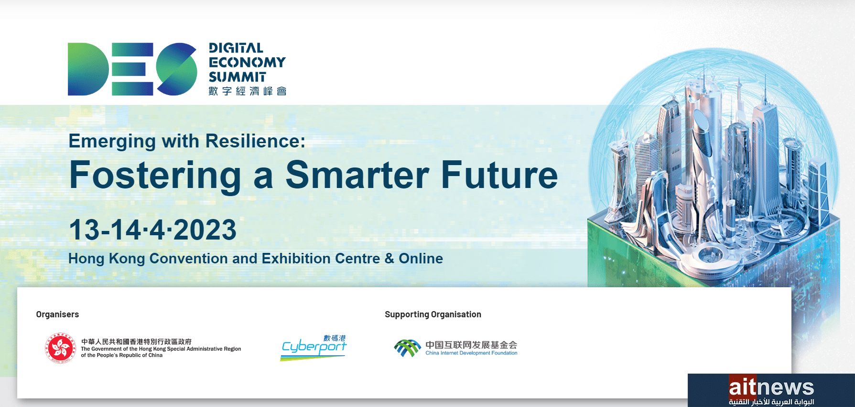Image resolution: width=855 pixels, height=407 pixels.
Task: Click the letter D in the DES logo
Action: (87, 69)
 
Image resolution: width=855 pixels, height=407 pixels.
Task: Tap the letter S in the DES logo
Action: (177, 69)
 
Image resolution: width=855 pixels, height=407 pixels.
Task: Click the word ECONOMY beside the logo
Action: (247, 63)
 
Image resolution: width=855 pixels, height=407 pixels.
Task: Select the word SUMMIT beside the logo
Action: (237, 77)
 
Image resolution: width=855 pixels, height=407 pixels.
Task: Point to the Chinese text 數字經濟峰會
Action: (248, 91)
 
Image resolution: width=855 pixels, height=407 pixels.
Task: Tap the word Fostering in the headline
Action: (155, 176)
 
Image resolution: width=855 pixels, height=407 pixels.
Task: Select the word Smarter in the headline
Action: (357, 175)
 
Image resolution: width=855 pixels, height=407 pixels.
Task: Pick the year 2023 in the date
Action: (205, 230)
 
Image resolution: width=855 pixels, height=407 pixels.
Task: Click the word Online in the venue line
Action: (421, 259)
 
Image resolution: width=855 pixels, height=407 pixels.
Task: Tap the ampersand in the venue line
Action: (389, 259)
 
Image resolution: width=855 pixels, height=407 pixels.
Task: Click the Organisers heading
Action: (57, 314)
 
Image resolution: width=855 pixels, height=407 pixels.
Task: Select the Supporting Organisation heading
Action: (433, 314)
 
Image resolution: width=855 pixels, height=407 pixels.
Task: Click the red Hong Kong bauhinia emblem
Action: (60, 348)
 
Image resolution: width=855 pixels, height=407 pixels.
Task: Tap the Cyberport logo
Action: (314, 347)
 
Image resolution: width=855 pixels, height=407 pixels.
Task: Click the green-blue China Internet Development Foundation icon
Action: (407, 348)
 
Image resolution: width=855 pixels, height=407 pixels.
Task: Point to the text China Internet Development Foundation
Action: (471, 353)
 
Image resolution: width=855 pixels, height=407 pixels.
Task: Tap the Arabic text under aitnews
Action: (771, 402)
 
